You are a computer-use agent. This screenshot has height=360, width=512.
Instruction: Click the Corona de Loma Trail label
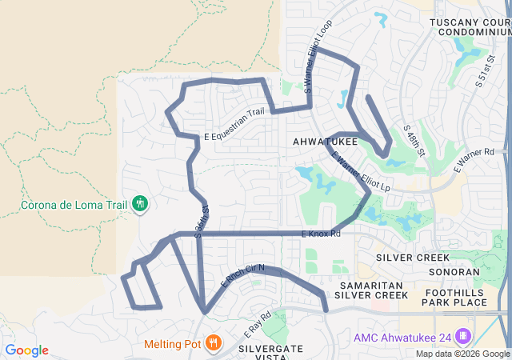pyautogui.click(x=74, y=203)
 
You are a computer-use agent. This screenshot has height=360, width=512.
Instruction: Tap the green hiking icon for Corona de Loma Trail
pyautogui.click(x=139, y=203)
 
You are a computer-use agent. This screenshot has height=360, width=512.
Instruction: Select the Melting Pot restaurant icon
pyautogui.click(x=212, y=344)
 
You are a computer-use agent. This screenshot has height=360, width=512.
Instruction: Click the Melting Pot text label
pyautogui.click(x=171, y=345)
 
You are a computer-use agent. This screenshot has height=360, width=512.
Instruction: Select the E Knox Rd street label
pyautogui.click(x=321, y=234)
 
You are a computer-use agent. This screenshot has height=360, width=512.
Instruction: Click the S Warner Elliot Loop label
pyautogui.click(x=318, y=63)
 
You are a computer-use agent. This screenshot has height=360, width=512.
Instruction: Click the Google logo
pyautogui.click(x=26, y=350)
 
